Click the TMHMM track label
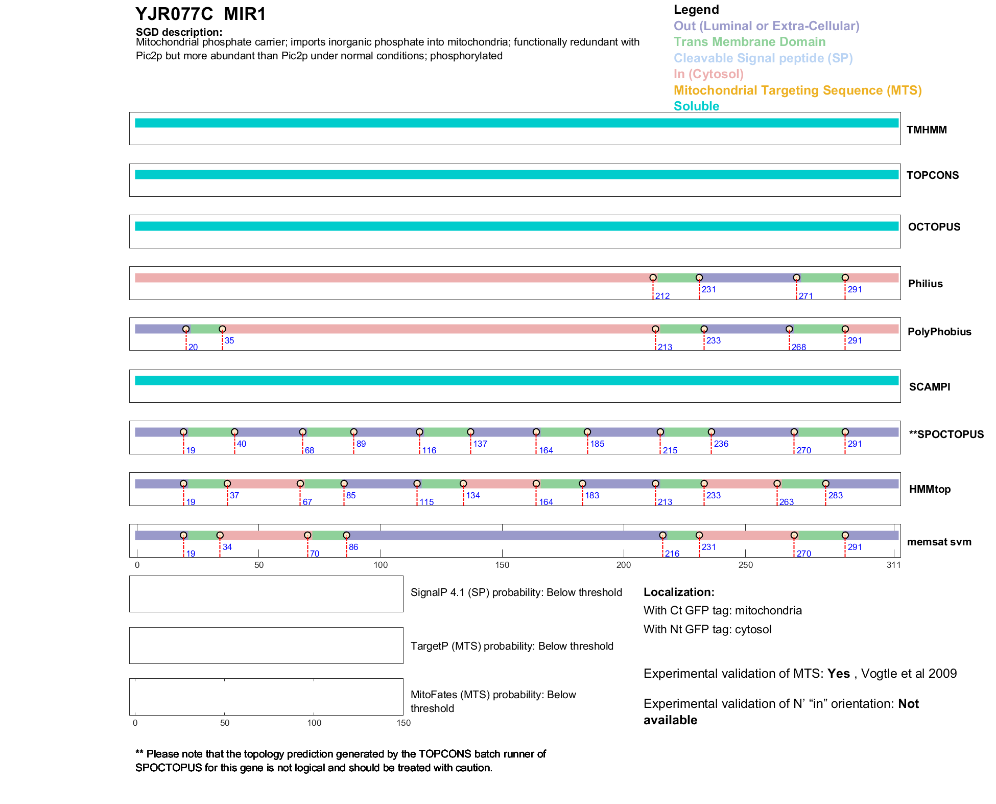[926, 130]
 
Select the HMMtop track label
[930, 489]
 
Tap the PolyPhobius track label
[939, 332]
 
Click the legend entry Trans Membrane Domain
[749, 42]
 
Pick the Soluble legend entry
[696, 106]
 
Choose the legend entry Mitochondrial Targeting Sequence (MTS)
[797, 90]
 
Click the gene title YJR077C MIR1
[201, 14]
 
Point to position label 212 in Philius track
[662, 296]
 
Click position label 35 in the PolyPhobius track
[229, 341]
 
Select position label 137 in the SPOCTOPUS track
[480, 444]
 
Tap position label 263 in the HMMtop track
[787, 502]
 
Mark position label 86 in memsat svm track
[353, 547]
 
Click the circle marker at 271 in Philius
[796, 278]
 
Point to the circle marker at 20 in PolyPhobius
[186, 329]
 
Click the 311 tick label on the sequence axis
[893, 565]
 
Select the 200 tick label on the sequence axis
[624, 565]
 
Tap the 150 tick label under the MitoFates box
[404, 723]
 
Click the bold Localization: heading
[679, 592]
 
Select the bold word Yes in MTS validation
[839, 674]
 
